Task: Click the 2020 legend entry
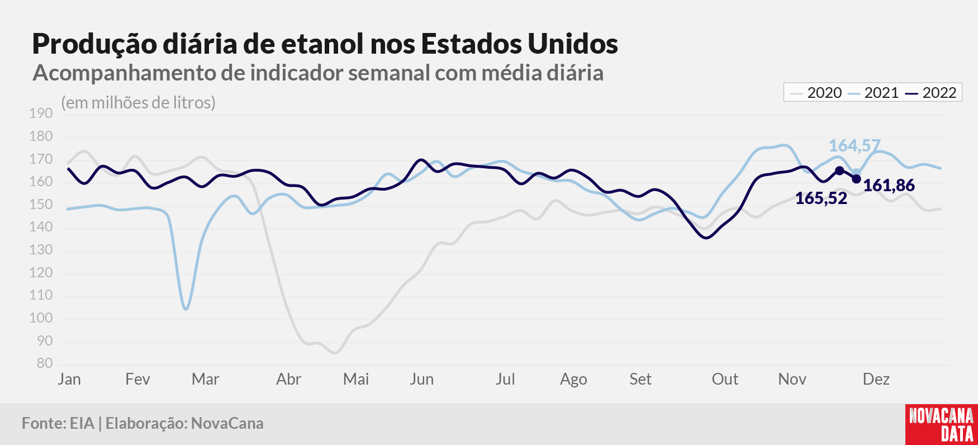[x=816, y=93]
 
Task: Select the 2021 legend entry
[x=873, y=93]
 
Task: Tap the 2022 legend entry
[x=931, y=93]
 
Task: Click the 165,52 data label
[x=821, y=198]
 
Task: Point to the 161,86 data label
[x=889, y=185]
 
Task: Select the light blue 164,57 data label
[x=854, y=146]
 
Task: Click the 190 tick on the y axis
[x=41, y=113]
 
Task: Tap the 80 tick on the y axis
[x=45, y=363]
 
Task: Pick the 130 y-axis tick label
[x=41, y=250]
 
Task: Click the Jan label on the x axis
[x=69, y=379]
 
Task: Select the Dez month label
[x=876, y=379]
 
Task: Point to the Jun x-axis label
[x=422, y=379]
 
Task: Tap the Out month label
[x=725, y=379]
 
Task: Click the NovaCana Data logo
[x=942, y=424]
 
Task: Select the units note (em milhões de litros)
[x=139, y=103]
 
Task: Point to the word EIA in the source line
[x=82, y=423]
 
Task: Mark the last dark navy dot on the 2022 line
[x=856, y=179]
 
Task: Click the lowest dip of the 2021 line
[x=186, y=309]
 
